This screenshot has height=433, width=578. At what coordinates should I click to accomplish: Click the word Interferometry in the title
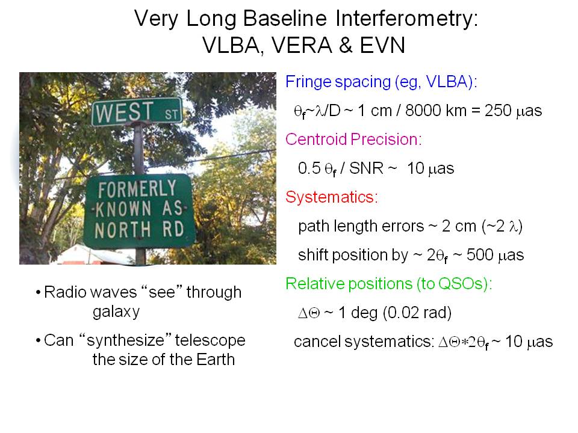click(406, 19)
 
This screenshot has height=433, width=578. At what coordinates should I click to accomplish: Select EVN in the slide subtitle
click(382, 45)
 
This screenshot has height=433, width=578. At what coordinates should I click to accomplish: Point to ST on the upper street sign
click(172, 114)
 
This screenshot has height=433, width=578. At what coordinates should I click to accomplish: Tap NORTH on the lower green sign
click(123, 230)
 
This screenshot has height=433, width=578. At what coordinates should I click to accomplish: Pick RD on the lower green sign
click(173, 229)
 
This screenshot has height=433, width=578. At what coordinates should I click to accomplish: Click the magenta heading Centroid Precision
click(353, 139)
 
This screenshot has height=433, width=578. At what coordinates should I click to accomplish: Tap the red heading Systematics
click(332, 197)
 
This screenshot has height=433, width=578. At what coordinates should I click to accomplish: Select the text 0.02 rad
click(418, 313)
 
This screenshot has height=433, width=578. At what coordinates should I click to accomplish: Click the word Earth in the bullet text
click(216, 360)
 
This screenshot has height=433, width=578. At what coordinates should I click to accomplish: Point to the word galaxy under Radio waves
click(116, 312)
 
